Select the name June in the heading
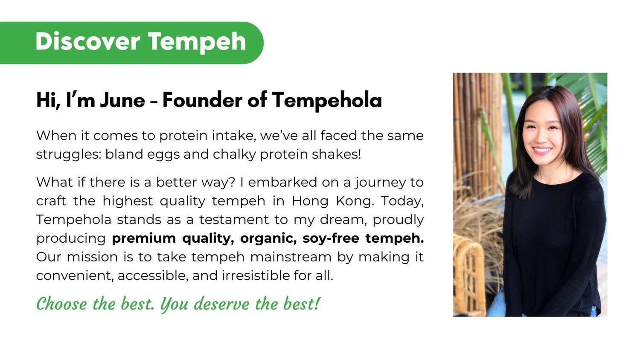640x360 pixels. [122, 100]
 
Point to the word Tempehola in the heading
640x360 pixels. [327, 101]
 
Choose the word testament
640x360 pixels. [234, 220]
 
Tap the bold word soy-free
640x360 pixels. [331, 238]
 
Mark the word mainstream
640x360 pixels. [291, 257]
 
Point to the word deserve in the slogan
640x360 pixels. [222, 304]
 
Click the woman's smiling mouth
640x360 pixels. [542, 150]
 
